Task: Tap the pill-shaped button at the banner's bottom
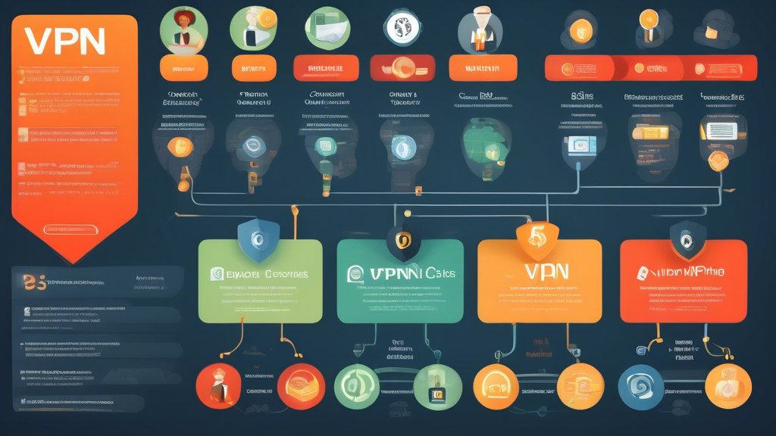pyautogui.click(x=73, y=228)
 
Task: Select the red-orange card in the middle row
pyautogui.click(x=683, y=282)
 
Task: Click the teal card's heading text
pyautogui.click(x=399, y=273)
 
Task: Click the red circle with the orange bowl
pyautogui.click(x=301, y=385)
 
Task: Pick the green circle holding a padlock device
pyautogui.click(x=437, y=387)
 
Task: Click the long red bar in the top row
pyautogui.click(x=650, y=67)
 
